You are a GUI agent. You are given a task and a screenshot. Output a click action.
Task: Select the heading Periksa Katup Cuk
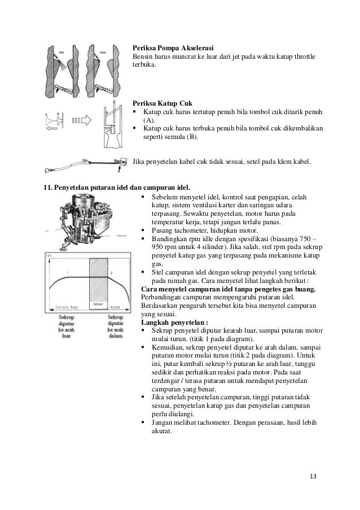click(162, 103)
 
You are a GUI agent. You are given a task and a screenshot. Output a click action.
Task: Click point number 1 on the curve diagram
click(67, 273)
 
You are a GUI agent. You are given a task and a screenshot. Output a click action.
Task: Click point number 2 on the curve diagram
click(111, 273)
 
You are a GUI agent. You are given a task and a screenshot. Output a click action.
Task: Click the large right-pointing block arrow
click(87, 120)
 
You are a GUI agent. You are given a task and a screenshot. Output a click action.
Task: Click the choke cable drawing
click(85, 165)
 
